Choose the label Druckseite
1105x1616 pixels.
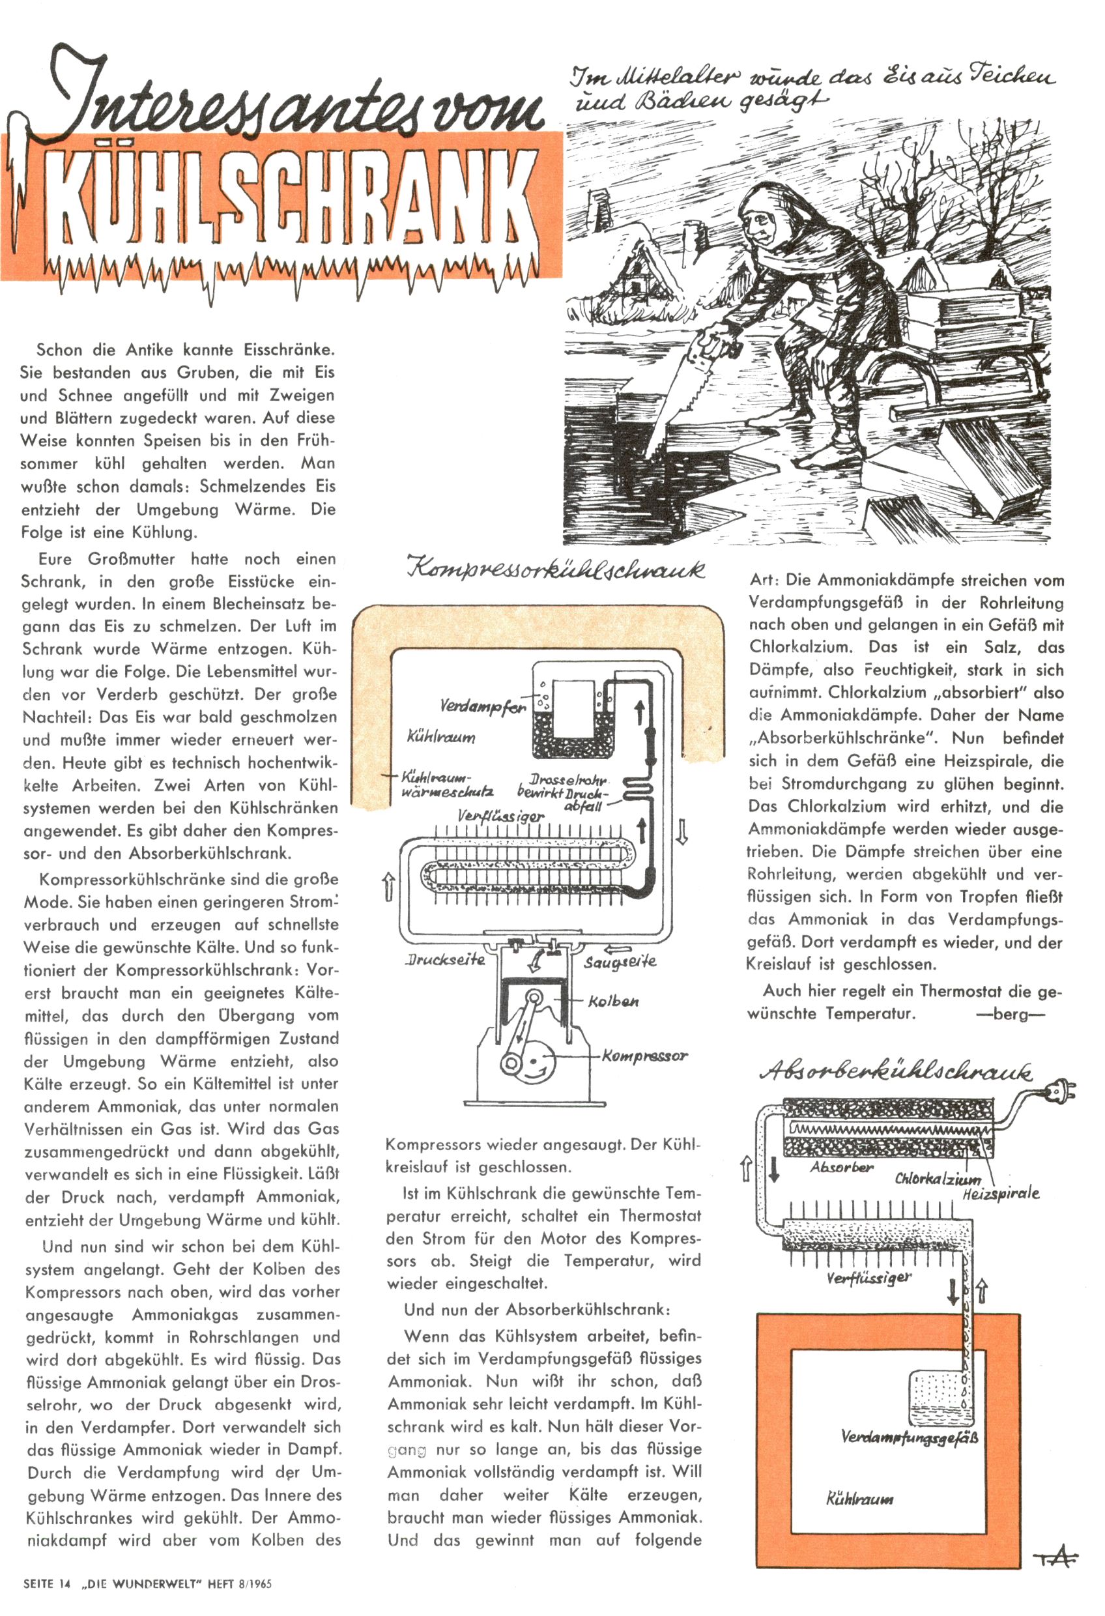click(445, 960)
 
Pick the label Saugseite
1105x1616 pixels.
click(620, 962)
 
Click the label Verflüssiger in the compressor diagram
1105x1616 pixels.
click(500, 815)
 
